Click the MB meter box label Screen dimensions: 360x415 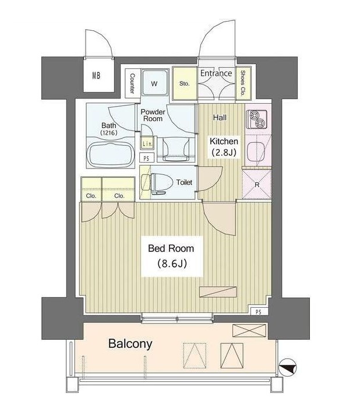point(96,76)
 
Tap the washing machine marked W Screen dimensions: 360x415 point(155,82)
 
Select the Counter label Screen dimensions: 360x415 point(132,83)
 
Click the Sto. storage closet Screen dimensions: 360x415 point(185,83)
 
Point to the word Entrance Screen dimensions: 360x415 point(216,73)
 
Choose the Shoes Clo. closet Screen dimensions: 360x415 point(243,83)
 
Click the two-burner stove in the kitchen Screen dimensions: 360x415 point(256,119)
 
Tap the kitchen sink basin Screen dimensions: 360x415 point(256,150)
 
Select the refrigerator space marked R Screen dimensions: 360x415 point(256,184)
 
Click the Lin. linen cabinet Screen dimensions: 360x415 point(147,143)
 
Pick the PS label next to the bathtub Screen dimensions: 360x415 point(146,159)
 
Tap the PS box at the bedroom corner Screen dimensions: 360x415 point(259,312)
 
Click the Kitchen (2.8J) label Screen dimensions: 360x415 point(224,146)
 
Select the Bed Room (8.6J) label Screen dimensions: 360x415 point(171,256)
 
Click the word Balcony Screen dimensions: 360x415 point(130,344)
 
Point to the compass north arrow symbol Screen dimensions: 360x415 point(288,367)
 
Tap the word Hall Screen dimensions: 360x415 point(220,117)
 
